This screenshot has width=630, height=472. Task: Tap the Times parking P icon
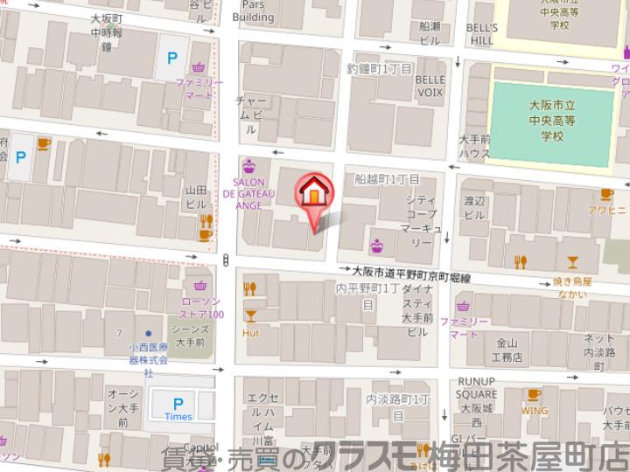tap(178, 404)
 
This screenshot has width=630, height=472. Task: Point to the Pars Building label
tap(253, 10)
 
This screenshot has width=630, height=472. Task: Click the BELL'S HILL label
tap(481, 34)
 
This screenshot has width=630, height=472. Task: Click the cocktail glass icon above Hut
tap(250, 316)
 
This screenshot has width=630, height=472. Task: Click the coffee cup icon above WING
tap(535, 394)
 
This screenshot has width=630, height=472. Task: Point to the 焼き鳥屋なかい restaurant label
tap(572, 288)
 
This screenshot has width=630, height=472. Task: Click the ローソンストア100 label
tap(203, 307)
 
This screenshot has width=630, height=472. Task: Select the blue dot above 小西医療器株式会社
tap(149, 333)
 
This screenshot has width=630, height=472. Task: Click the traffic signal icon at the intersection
tap(227, 259)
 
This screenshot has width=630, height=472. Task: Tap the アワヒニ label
tap(605, 210)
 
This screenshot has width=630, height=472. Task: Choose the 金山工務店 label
tap(507, 351)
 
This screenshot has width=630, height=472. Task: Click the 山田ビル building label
tap(195, 196)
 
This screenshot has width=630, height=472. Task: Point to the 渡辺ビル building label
tap(474, 207)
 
